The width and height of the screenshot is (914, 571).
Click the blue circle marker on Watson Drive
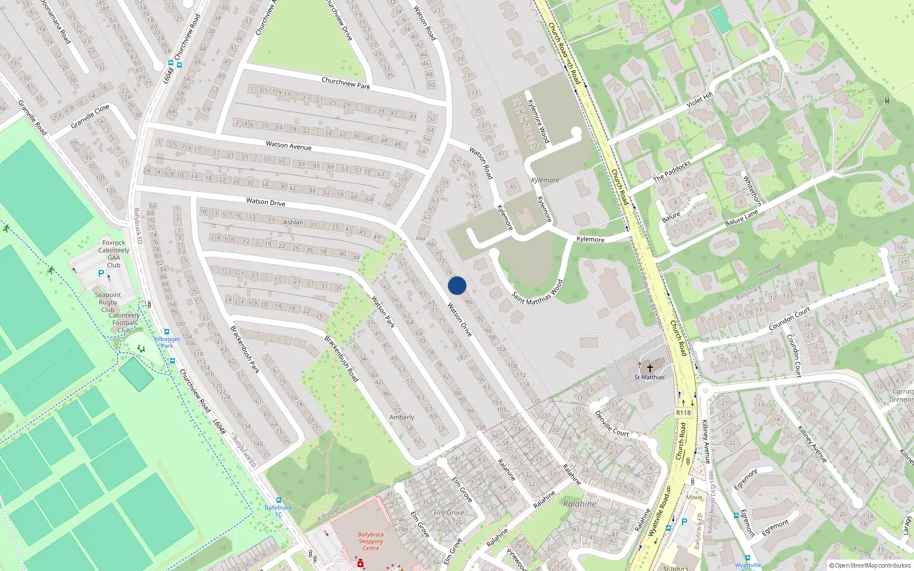(x=457, y=285)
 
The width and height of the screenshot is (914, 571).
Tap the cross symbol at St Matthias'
(x=650, y=368)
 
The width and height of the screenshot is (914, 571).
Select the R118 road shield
(x=683, y=413)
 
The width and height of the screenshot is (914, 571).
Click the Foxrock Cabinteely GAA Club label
(x=114, y=254)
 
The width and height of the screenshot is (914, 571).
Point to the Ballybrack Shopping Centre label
(x=371, y=541)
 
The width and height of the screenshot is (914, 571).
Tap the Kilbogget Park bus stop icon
(x=167, y=332)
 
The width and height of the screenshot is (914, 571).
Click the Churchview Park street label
(x=346, y=83)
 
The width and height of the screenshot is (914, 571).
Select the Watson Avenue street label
(x=288, y=146)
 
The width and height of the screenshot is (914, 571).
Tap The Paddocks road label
(x=672, y=171)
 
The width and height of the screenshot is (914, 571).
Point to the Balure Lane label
(x=741, y=218)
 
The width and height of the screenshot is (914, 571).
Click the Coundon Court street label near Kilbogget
(x=790, y=319)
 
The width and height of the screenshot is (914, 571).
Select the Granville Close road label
(x=90, y=116)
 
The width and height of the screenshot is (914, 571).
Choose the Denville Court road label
(x=612, y=424)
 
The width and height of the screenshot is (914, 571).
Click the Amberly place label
(x=402, y=417)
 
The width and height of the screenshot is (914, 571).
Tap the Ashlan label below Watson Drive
(x=293, y=222)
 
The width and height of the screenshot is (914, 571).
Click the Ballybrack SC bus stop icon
(x=279, y=500)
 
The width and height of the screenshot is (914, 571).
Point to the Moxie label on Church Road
(x=694, y=497)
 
